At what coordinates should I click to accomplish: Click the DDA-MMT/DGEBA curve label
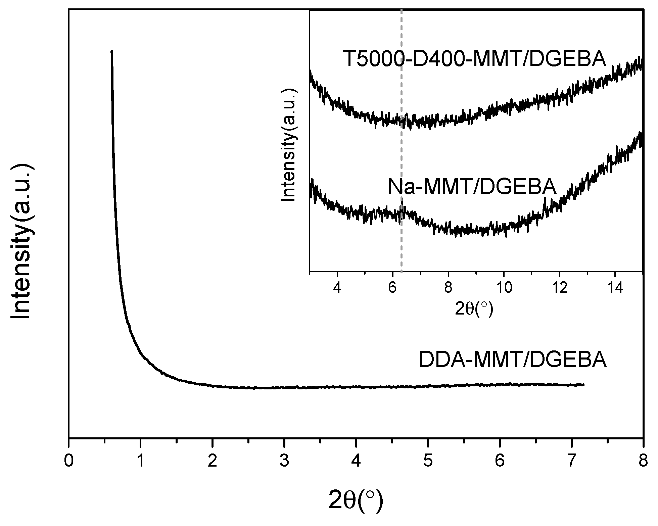pyautogui.click(x=513, y=360)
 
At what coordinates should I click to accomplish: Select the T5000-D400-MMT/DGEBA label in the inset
pyautogui.click(x=474, y=59)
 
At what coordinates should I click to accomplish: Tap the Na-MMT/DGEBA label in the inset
pyautogui.click(x=472, y=187)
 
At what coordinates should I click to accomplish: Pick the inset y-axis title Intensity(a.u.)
pyautogui.click(x=289, y=145)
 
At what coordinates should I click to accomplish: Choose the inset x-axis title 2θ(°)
pyautogui.click(x=474, y=309)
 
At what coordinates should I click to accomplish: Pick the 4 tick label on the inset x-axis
pyautogui.click(x=337, y=288)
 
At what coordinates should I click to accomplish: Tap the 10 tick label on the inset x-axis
pyautogui.click(x=503, y=288)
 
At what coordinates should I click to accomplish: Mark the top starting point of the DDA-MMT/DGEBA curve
pyautogui.click(x=112, y=51)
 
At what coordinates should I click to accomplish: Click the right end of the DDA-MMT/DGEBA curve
pyautogui.click(x=583, y=384)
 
